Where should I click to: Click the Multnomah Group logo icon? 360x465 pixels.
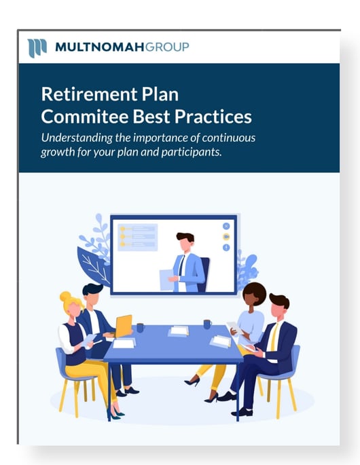click(37, 48)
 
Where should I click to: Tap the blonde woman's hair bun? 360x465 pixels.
click(65, 297)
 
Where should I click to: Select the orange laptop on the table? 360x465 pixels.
click(124, 326)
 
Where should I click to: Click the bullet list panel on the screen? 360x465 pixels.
click(137, 238)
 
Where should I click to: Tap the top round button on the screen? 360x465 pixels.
click(226, 225)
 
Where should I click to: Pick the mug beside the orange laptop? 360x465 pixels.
click(140, 328)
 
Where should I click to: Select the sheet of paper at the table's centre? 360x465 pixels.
click(179, 331)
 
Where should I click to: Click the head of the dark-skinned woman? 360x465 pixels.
click(253, 295)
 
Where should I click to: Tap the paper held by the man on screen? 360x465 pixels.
click(167, 279)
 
